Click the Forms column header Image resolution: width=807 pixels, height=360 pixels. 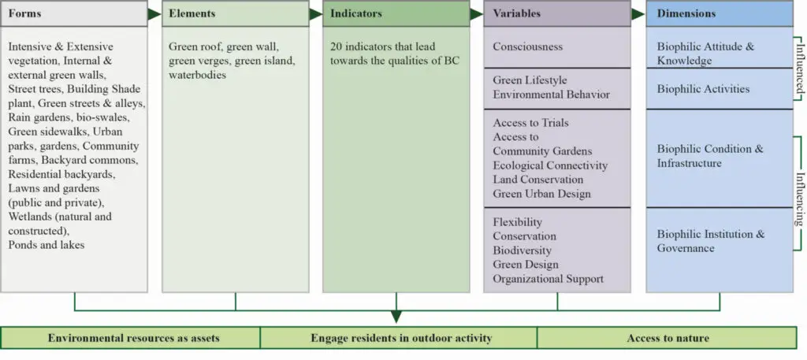74,14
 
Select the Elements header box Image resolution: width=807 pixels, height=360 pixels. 235,14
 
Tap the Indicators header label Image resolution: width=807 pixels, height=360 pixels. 355,14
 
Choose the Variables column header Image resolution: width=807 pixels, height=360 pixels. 557,14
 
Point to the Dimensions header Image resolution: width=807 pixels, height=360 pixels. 720,14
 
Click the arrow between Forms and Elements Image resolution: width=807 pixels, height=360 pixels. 154,14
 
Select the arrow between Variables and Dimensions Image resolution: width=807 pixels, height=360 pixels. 638,14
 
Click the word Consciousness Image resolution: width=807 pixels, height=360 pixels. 527,46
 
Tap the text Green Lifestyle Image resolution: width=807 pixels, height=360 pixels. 530,80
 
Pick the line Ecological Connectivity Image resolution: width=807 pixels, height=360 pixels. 550,165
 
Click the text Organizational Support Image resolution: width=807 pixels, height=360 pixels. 549,279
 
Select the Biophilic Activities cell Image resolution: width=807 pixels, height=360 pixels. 720,88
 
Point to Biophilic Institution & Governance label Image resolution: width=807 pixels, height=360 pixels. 711,241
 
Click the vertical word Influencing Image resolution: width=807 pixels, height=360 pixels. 799,199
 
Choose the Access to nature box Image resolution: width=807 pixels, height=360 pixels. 667,338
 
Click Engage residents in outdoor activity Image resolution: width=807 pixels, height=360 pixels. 401,338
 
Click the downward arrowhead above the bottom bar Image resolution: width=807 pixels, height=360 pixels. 396,316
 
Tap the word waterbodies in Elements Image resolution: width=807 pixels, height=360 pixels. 198,75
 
